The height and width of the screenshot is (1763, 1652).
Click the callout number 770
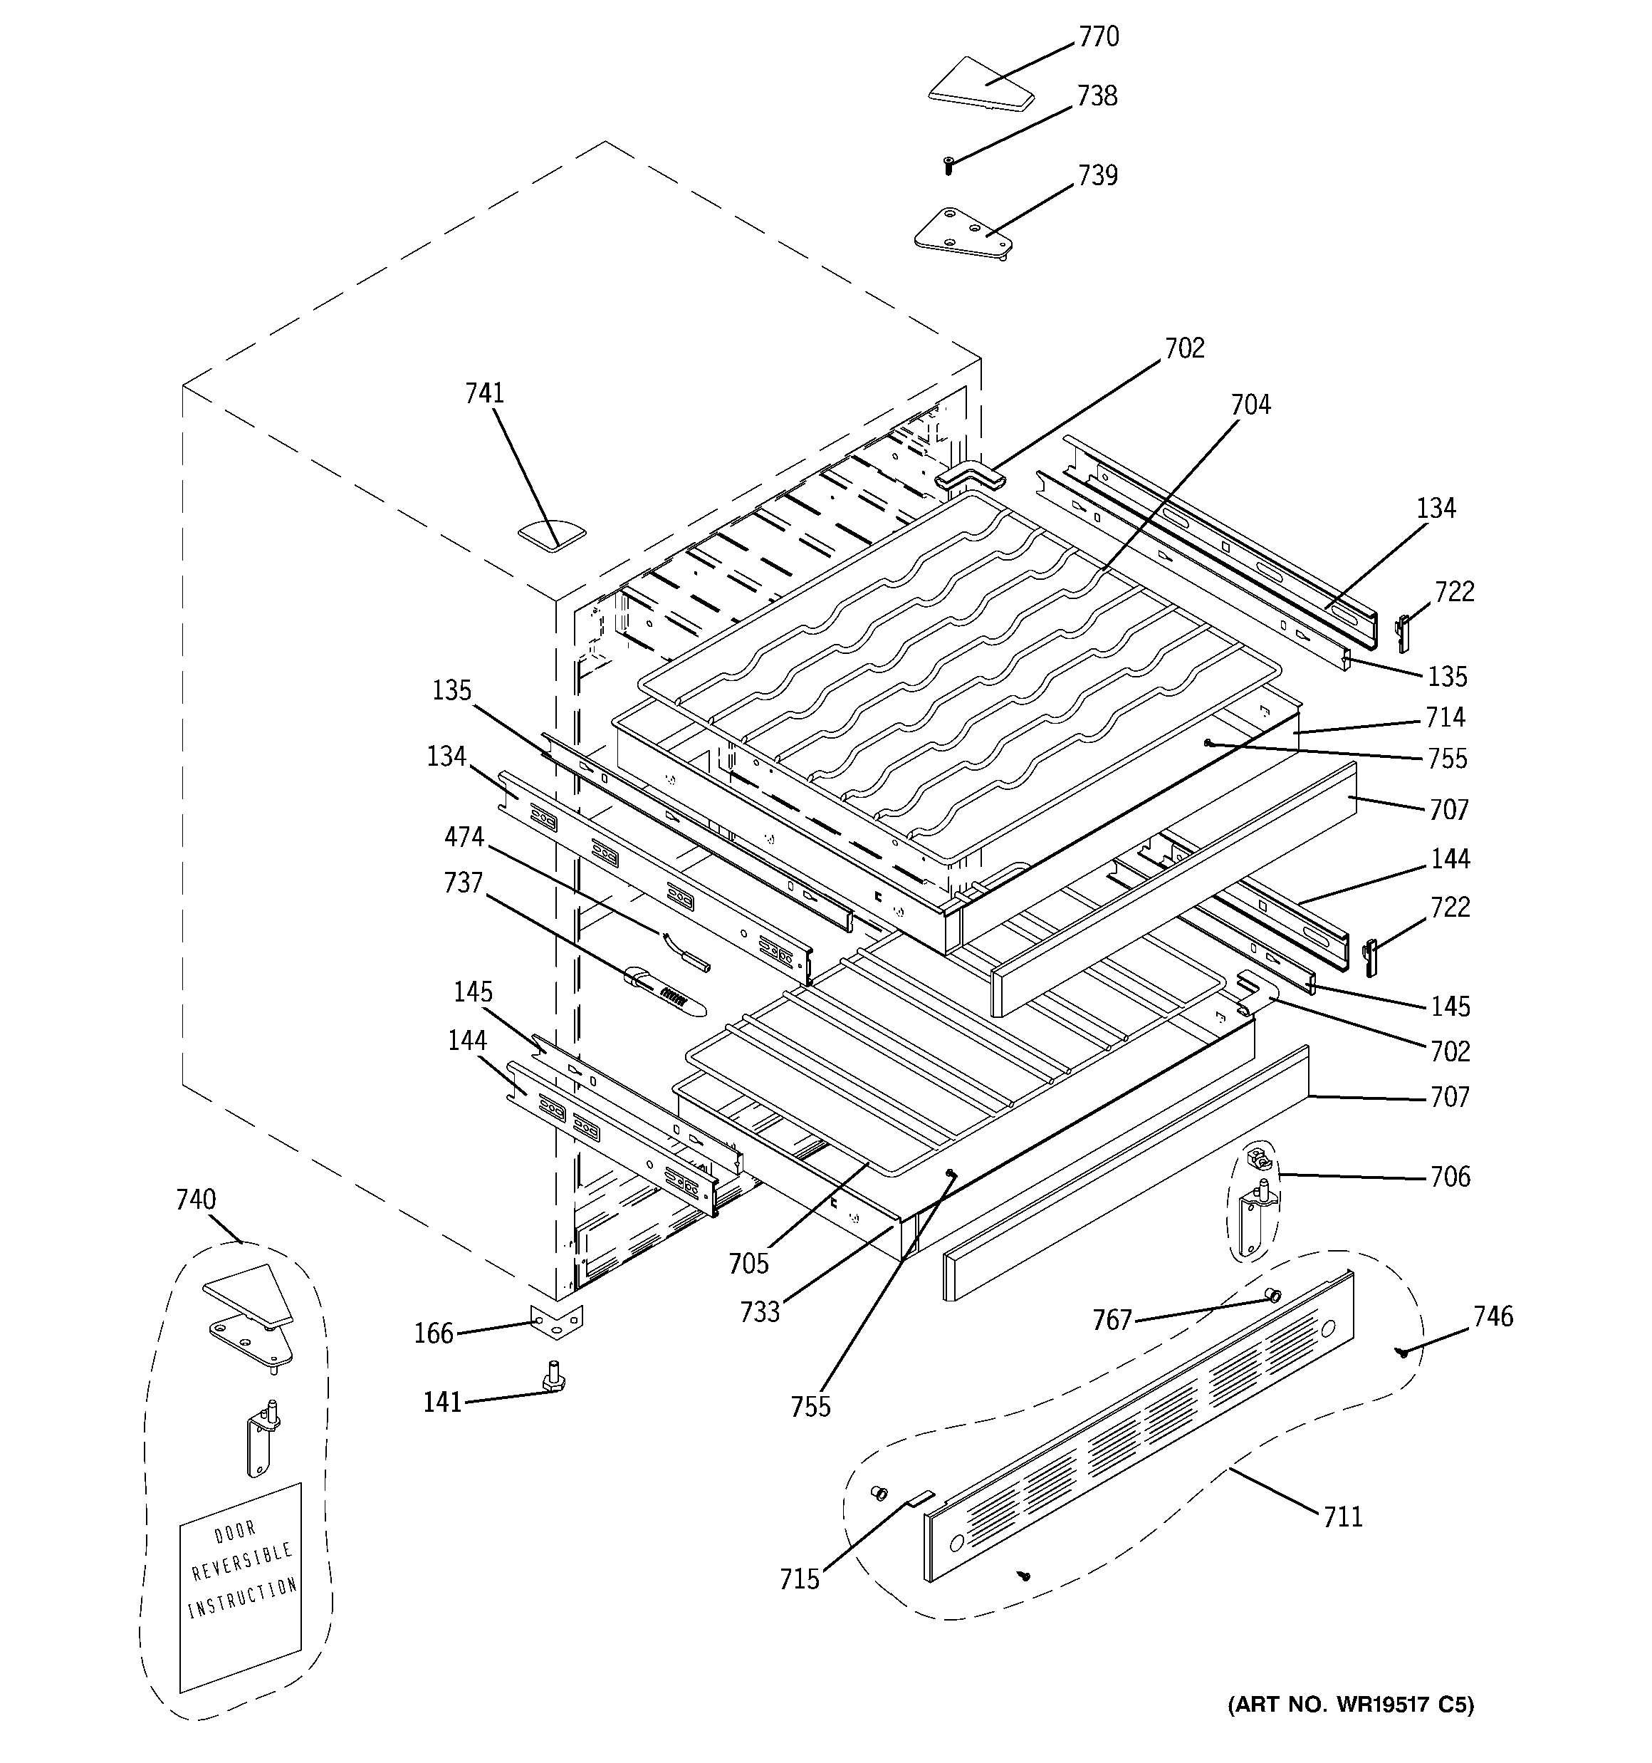pos(1098,37)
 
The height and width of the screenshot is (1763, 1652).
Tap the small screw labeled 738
pos(948,164)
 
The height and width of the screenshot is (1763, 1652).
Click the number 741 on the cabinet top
pos(484,393)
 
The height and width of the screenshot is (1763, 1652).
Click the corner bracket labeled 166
pos(556,1322)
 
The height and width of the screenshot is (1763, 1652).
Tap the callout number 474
pos(464,836)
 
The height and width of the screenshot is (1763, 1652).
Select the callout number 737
pos(463,883)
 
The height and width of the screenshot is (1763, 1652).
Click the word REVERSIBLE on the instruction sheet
pos(241,1560)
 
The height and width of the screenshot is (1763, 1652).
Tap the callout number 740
pos(195,1199)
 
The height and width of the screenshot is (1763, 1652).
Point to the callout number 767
pos(1112,1320)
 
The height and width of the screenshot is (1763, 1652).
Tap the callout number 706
pos(1450,1176)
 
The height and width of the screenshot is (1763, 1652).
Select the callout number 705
pos(748,1263)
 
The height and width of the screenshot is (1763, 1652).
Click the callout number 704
pos(1250,405)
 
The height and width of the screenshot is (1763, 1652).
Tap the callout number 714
pos(1445,717)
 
